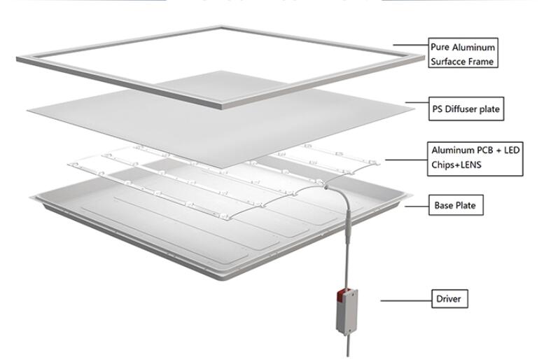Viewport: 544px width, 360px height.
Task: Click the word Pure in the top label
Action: (442, 48)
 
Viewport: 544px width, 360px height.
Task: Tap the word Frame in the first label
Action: (485, 62)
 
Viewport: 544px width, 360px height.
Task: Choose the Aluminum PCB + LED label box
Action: (473, 159)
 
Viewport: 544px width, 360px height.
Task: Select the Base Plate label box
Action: (456, 206)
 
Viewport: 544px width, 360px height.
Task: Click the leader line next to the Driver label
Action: (405, 300)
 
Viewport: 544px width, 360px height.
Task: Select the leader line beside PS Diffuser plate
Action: (418, 106)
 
